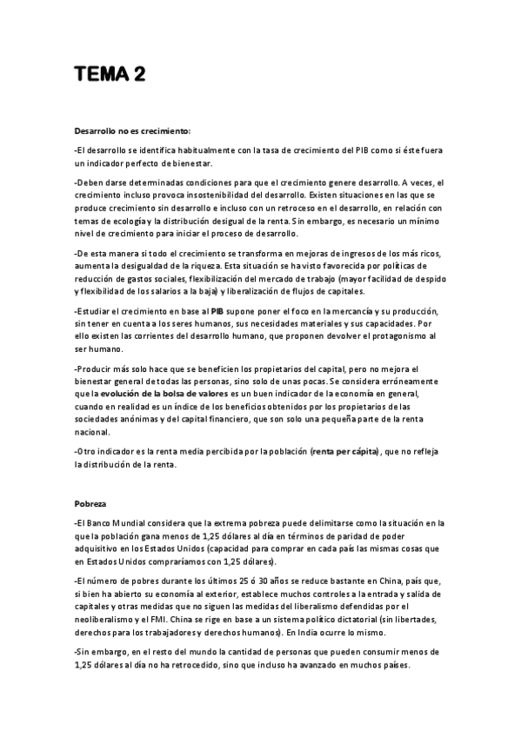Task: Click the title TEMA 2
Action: coord(109,75)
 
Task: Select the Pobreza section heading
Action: coord(92,503)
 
